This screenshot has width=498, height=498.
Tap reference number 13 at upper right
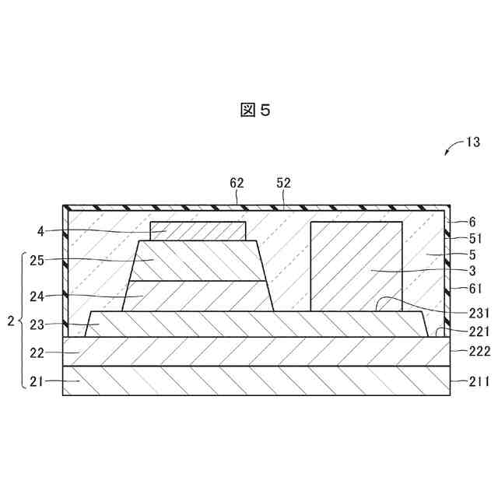coord(473,142)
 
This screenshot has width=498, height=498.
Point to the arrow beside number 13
coord(451,149)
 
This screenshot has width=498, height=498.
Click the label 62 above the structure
coord(237,183)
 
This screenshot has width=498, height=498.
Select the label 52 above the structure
coord(283,183)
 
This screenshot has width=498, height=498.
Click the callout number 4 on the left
coord(41,230)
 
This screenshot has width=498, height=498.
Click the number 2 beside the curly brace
coord(10,321)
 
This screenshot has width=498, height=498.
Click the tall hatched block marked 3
coord(356,266)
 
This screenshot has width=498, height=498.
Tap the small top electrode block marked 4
coord(198,230)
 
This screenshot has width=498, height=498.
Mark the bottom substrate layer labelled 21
coord(257,381)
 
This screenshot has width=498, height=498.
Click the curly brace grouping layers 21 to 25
coord(22,321)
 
